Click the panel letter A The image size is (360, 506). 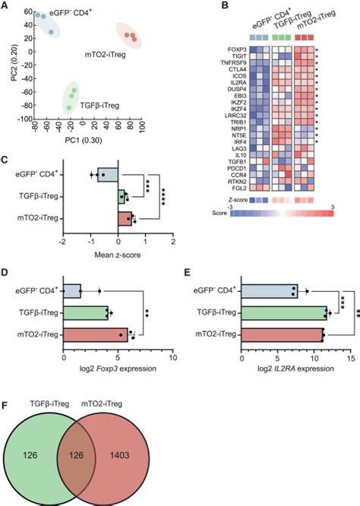pos(5,6)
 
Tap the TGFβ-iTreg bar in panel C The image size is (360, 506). pos(122,198)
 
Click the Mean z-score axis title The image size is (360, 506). pos(118,255)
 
